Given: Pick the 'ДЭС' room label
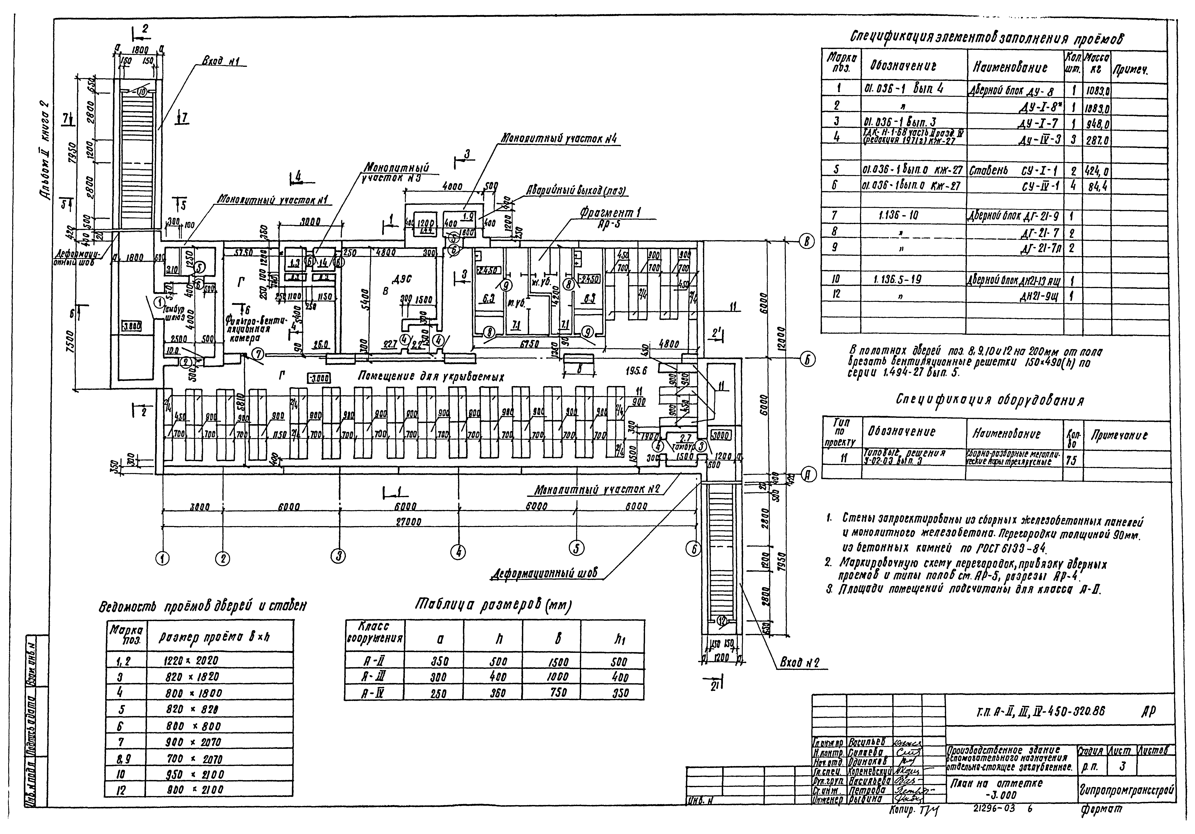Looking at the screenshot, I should (403, 279).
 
